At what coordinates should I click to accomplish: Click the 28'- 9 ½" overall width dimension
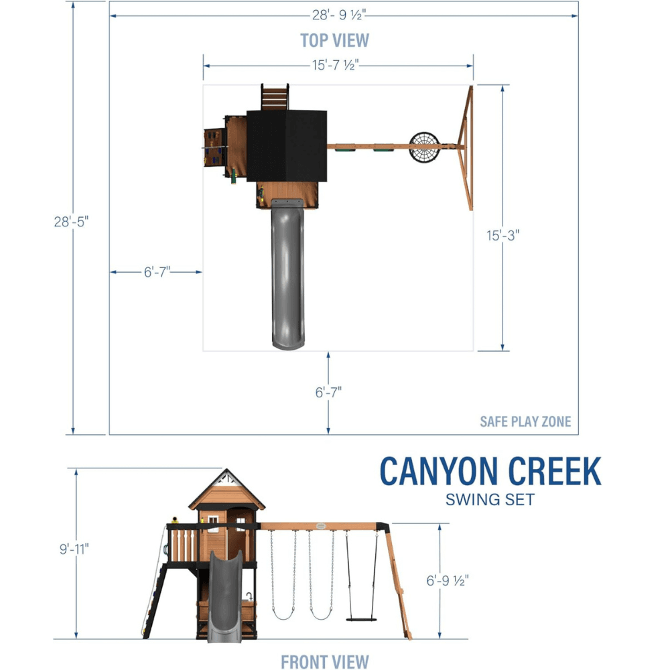pos(339,15)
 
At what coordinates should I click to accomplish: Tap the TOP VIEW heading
pos(334,41)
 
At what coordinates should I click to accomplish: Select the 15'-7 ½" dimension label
pos(336,66)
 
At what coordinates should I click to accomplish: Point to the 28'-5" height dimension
pos(71,222)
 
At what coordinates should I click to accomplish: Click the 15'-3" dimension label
pos(503,235)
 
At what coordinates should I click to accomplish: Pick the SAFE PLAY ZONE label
pos(525,421)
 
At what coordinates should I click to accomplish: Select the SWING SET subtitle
pos(490,500)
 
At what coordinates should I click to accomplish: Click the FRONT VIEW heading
pos(325,661)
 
